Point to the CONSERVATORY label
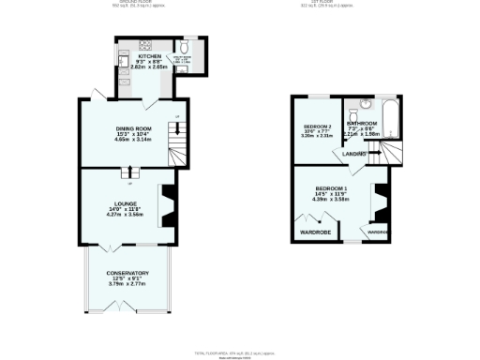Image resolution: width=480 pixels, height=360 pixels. (x=127, y=274)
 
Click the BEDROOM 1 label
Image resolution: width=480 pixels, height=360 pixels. (x=331, y=188)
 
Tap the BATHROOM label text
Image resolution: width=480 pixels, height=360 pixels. (x=362, y=123)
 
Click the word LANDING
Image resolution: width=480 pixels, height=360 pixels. (x=353, y=153)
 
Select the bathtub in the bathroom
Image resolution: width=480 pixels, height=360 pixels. (x=392, y=116)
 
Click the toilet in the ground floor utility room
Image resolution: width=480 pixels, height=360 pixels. (x=185, y=48)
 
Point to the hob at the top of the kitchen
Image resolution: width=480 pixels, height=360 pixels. (x=146, y=45)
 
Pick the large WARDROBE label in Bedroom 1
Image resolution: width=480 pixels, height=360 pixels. (x=315, y=232)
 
